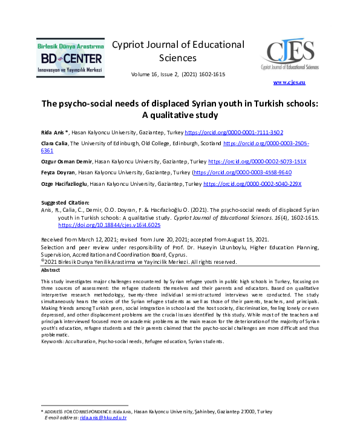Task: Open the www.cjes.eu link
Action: (289, 82)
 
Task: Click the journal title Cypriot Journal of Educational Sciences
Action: (178, 51)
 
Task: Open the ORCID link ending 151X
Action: (257, 162)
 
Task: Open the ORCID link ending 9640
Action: (242, 172)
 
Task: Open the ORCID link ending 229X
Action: (252, 183)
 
